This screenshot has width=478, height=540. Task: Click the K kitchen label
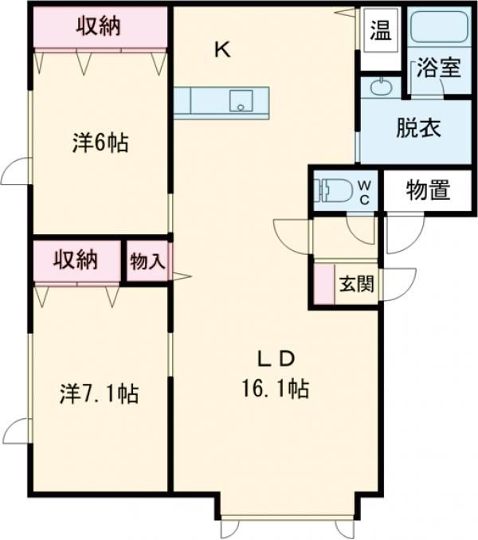[221, 49]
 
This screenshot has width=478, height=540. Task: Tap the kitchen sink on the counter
[240, 101]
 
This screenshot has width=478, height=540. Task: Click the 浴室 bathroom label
[438, 68]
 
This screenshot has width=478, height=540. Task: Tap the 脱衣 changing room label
[418, 128]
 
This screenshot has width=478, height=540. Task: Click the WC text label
[363, 192]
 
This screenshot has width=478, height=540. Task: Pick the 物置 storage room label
[428, 191]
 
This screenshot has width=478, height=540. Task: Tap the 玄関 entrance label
[356, 284]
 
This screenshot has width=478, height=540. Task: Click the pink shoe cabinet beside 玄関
[323, 284]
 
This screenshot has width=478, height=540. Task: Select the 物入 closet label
[147, 261]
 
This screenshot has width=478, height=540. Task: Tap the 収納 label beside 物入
[76, 260]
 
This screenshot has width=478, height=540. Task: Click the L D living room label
[276, 356]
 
